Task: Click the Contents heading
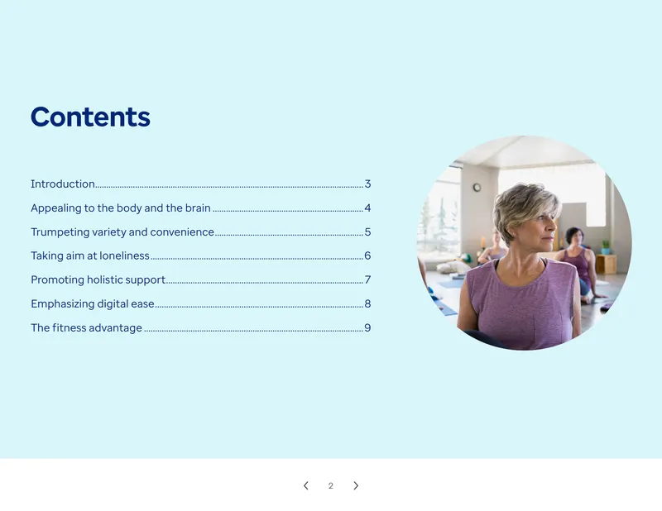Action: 90,117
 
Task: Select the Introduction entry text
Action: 63,184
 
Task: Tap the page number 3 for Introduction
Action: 367,184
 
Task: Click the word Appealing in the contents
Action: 55,208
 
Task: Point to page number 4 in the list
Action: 367,208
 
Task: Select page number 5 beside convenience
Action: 367,232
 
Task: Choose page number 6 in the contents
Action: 367,255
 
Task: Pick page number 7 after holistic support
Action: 367,279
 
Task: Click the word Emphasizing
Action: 63,304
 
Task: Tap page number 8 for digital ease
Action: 367,303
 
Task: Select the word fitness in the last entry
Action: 69,328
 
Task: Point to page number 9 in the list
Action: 367,328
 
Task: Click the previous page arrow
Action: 306,485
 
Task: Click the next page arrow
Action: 356,485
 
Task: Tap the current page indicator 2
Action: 330,486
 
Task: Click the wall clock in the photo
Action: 477,188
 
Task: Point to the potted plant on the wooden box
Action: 606,247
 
